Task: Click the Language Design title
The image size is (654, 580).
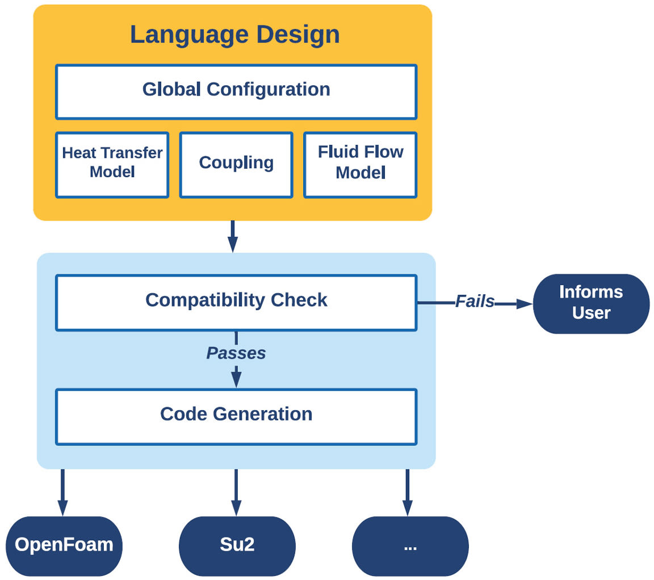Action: pos(234,35)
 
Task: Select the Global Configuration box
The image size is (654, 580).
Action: pos(236,91)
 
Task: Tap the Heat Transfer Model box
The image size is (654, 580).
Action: pos(112,165)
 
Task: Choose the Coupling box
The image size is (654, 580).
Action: pos(236,165)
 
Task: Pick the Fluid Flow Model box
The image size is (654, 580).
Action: pos(360,165)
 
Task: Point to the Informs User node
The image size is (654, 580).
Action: pos(591,303)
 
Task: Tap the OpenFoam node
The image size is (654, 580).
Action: pos(64,545)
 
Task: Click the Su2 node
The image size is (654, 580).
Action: pos(237,545)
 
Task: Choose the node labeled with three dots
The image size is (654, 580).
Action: pos(410,545)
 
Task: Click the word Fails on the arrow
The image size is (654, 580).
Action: pos(475,302)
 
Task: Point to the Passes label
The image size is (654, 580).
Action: pos(236,353)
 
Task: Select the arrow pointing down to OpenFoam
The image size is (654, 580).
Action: pos(62,492)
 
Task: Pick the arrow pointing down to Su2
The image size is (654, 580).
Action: pos(236,492)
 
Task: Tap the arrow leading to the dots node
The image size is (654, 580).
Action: pos(407,492)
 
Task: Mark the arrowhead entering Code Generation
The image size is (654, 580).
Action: pos(236,380)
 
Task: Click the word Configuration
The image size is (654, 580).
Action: pos(269,90)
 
